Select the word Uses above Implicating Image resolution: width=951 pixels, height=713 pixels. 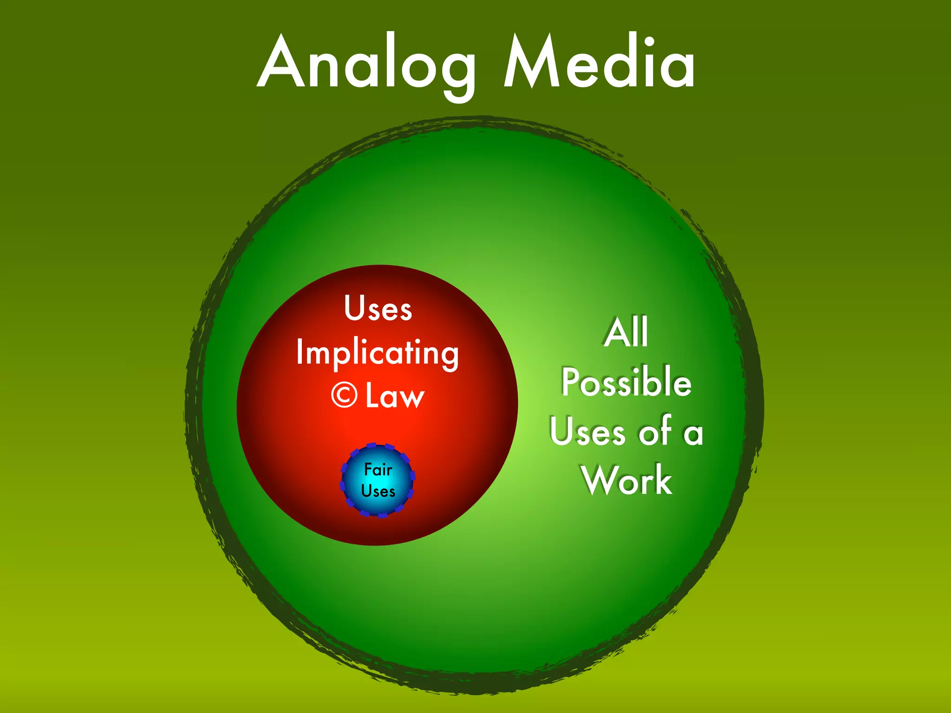378,308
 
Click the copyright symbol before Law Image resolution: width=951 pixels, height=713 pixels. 345,395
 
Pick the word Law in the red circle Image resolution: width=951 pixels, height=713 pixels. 395,395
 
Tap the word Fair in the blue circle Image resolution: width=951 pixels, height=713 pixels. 378,469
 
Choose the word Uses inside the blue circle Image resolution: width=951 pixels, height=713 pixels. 378,491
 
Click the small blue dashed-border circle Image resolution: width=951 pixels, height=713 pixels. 378,480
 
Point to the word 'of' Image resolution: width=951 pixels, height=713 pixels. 655,430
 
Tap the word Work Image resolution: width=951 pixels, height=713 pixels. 627,480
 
